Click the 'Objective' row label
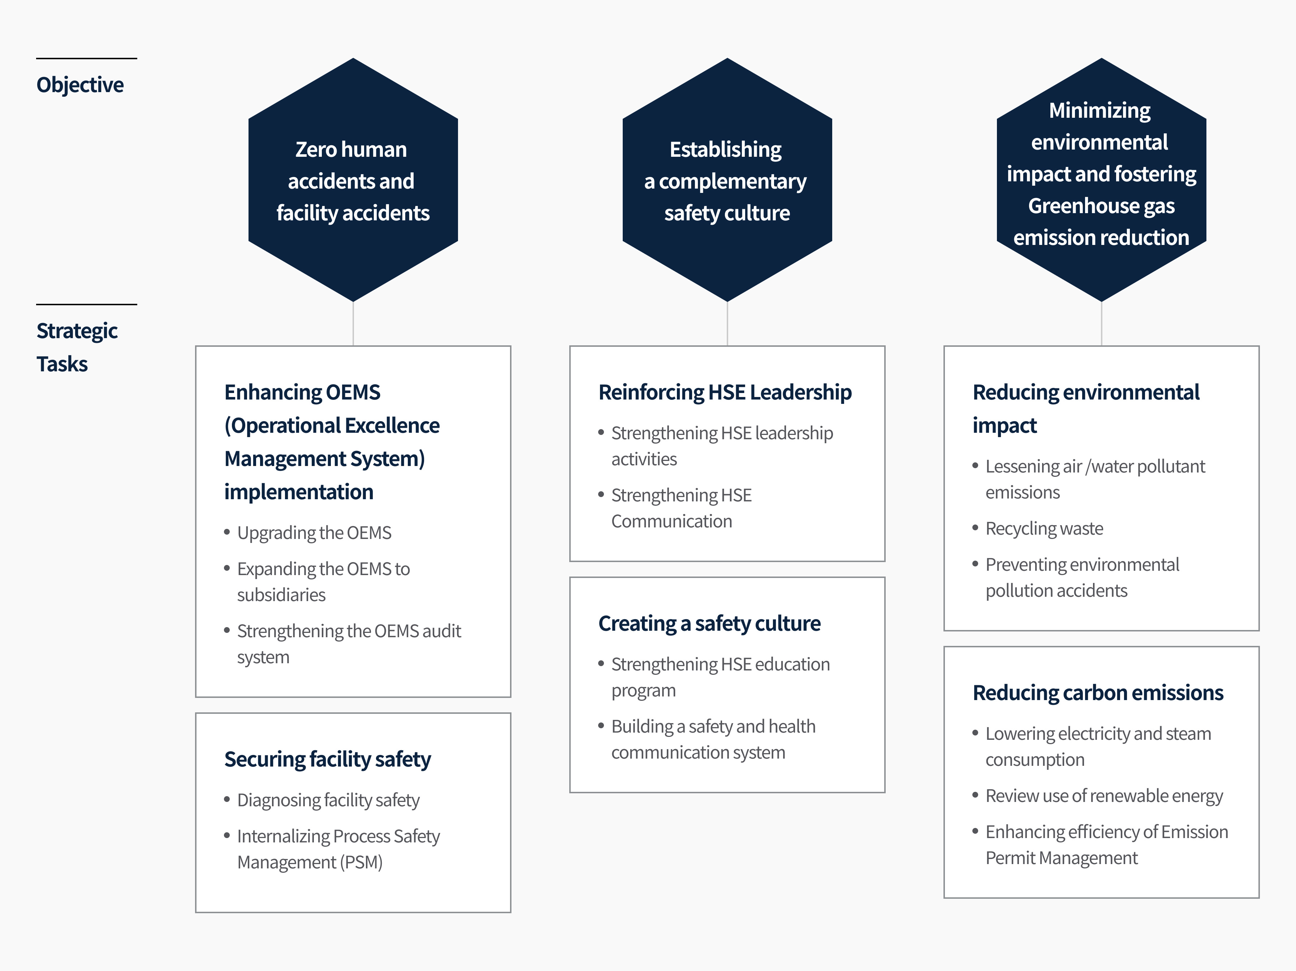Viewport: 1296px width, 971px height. pyautogui.click(x=80, y=85)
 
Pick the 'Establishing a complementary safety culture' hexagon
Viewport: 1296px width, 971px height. pyautogui.click(x=727, y=180)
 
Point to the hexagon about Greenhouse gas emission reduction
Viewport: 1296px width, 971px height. pyautogui.click(x=1101, y=180)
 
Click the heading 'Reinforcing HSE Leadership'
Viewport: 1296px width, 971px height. pyautogui.click(x=725, y=392)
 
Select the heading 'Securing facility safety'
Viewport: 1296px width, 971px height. pyautogui.click(x=328, y=759)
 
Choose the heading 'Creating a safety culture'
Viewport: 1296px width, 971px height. pyautogui.click(x=709, y=623)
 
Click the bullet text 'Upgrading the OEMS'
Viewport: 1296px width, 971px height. pyautogui.click(x=314, y=533)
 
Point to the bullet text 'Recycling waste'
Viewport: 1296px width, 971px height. pyautogui.click(x=1044, y=528)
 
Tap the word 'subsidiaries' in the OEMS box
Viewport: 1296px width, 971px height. pyautogui.click(x=281, y=595)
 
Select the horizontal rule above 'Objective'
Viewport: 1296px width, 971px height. pyautogui.click(x=87, y=59)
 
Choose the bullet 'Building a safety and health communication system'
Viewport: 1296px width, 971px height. pyautogui.click(x=713, y=739)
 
